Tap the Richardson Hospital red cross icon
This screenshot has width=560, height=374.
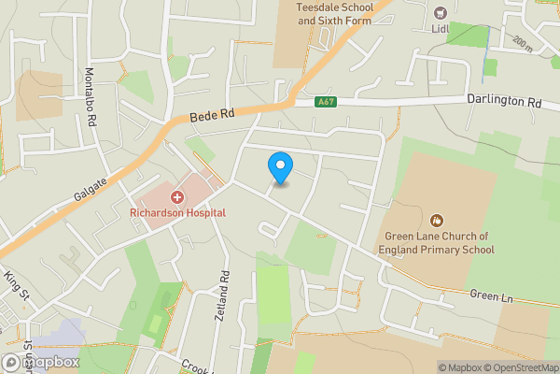point(176,197)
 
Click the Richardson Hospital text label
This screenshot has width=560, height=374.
point(176,213)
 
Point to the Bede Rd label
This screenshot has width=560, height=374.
point(211,115)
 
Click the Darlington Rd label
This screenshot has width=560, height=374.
point(504,98)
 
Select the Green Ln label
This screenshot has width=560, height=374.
point(491,296)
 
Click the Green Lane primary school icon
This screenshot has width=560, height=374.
point(435,221)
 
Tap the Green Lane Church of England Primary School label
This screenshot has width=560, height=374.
point(435,242)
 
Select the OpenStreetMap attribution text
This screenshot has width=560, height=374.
point(517,367)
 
